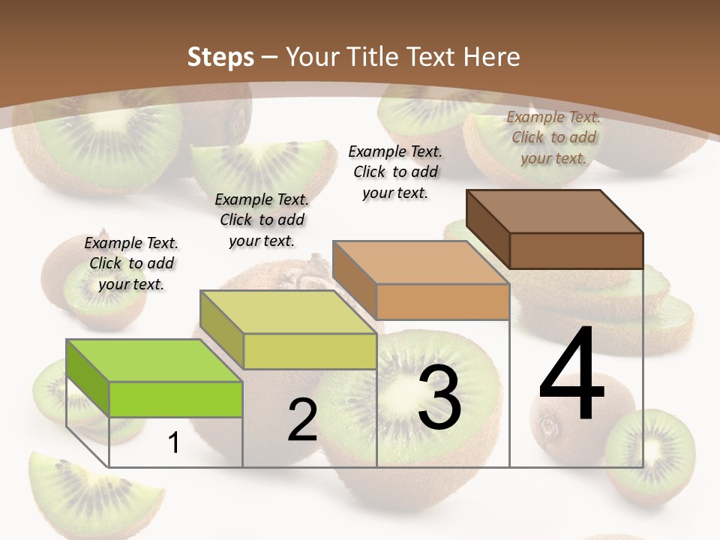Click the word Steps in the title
pos(220,57)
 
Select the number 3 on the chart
pos(439,397)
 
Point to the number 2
pos(302,420)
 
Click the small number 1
pos(173,442)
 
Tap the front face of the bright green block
pos(175,399)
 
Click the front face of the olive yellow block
pos(310,351)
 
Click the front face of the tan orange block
pos(442,301)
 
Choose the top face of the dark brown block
pos(553,211)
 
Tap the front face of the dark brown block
pos(576,250)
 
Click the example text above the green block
pos(132,263)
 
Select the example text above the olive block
pos(262,220)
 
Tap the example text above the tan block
pos(395,172)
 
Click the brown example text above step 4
pos(553,137)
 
